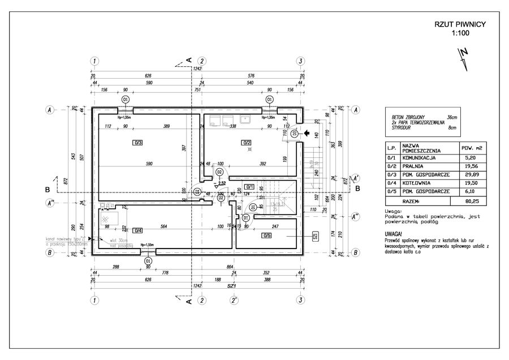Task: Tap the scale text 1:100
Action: pos(460,33)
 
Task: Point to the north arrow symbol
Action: pos(464,57)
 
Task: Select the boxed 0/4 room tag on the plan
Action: pos(138,230)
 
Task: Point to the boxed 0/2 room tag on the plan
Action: pos(246,142)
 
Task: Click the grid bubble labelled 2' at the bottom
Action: pos(233,300)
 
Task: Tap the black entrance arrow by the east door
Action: pos(307,134)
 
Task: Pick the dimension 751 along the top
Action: pos(198,89)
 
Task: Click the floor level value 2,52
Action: pos(222,184)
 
